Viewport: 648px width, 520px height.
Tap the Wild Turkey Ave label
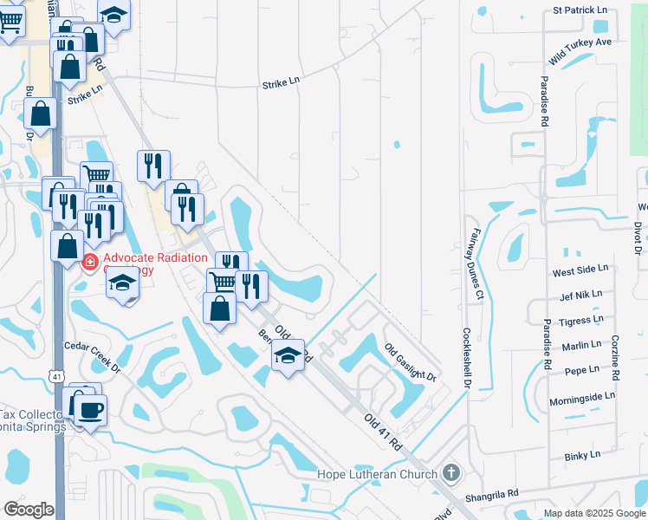(x=580, y=52)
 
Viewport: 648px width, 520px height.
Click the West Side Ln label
(x=580, y=272)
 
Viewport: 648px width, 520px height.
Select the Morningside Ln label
(x=581, y=395)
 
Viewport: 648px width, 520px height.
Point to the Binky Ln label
(x=581, y=455)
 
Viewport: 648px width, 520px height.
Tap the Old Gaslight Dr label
(x=410, y=361)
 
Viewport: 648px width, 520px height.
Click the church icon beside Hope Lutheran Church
(x=450, y=473)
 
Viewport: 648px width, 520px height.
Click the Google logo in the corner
(x=29, y=510)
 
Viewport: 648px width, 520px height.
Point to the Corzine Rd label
(x=616, y=357)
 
